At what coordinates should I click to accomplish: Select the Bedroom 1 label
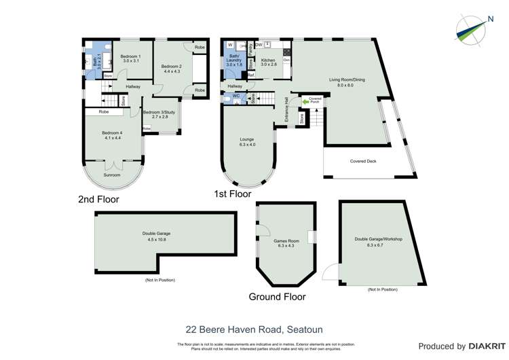(130, 56)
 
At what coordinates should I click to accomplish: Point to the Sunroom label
(111, 175)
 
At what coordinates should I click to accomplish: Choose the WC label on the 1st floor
(236, 96)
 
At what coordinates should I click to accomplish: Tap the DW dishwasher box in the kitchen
(260, 44)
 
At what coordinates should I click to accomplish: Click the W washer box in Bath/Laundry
(230, 45)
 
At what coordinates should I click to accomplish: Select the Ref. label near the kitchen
(250, 75)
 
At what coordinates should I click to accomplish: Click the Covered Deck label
(363, 162)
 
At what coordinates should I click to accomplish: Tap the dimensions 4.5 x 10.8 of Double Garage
(157, 239)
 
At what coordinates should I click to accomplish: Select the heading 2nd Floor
(98, 200)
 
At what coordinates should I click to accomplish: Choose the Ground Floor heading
(277, 297)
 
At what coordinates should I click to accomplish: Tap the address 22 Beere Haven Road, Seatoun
(254, 329)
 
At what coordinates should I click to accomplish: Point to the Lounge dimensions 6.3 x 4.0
(247, 145)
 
